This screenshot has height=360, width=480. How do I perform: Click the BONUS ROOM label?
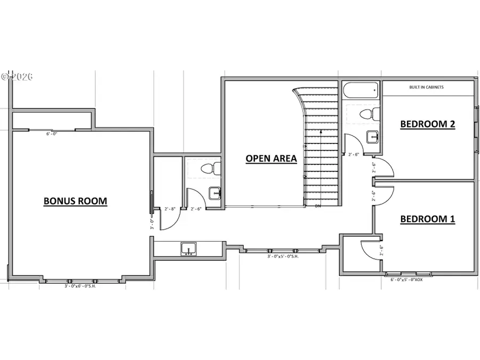pyautogui.click(x=75, y=201)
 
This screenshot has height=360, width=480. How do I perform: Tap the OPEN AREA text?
pyautogui.click(x=271, y=158)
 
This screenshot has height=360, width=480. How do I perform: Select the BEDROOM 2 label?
pyautogui.click(x=427, y=124)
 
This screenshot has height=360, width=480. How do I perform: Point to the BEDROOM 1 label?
pyautogui.click(x=427, y=219)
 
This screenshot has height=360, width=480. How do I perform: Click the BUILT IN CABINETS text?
pyautogui.click(x=426, y=87)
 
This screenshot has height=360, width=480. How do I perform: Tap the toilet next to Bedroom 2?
pyautogui.click(x=369, y=114)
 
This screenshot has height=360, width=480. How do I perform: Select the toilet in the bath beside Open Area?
pyautogui.click(x=209, y=169)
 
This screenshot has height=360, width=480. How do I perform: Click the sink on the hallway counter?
pyautogui.click(x=188, y=249)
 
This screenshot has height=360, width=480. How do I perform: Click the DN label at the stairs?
pyautogui.click(x=318, y=206)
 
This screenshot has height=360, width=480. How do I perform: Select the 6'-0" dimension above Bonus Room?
pyautogui.click(x=51, y=134)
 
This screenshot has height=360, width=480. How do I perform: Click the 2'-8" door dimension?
pyautogui.click(x=170, y=209)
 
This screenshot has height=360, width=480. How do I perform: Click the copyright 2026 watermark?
pyautogui.click(x=17, y=76)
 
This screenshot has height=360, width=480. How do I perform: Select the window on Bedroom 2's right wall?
pyautogui.click(x=476, y=128)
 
